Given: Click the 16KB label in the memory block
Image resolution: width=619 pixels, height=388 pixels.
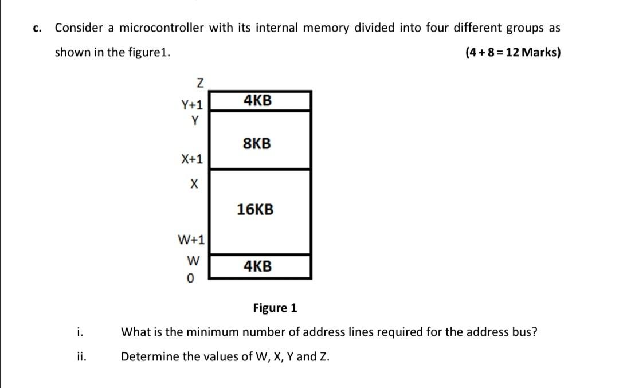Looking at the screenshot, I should point(256,210).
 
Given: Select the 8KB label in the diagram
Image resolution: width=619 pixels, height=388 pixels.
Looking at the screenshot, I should point(257,143).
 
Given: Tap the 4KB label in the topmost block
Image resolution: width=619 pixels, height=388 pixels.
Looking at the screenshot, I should point(257,101).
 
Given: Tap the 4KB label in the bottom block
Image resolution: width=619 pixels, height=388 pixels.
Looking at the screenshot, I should point(257,266).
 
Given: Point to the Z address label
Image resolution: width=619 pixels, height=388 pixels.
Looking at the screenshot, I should point(199,84).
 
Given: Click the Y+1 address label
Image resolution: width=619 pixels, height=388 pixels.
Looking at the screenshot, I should point(192,105).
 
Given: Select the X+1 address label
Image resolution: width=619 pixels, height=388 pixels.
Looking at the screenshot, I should point(193,158).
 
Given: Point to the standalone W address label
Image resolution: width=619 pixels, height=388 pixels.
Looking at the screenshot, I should point(193,261).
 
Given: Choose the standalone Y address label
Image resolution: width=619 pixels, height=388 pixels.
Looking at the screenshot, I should point(195,120).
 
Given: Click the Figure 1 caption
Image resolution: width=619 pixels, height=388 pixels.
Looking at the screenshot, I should point(275,308).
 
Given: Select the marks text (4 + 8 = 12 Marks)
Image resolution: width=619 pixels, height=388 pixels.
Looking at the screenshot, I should point(513,53).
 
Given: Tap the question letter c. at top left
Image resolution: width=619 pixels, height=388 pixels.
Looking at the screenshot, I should point(38,28).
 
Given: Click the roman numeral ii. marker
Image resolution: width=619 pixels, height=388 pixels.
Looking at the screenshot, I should point(81,356).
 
